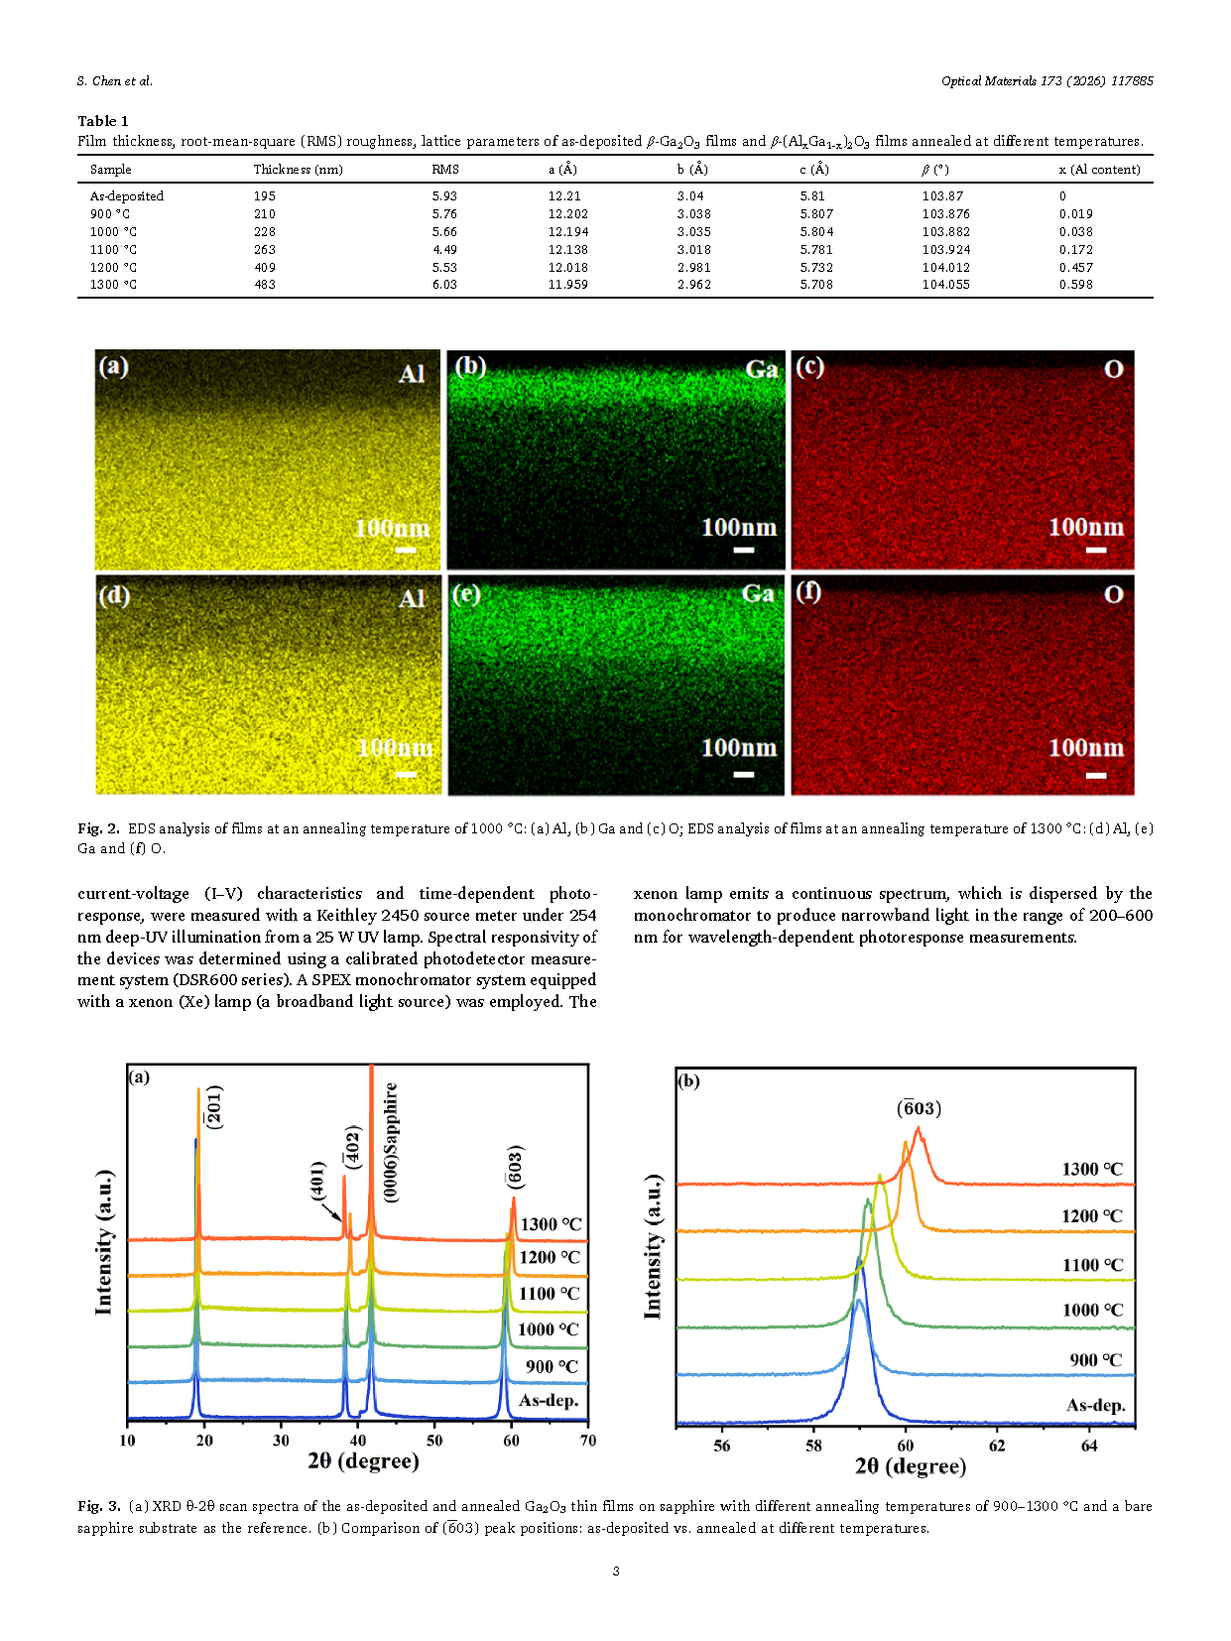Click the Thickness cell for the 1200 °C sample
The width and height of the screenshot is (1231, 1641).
265,267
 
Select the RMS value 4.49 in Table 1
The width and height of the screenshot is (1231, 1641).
444,250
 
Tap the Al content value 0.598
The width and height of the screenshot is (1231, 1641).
1075,285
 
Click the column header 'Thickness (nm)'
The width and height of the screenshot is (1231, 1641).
298,170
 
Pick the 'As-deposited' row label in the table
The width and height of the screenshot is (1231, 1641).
127,196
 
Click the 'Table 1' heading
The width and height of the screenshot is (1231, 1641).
103,121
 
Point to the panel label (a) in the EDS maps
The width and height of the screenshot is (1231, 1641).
114,366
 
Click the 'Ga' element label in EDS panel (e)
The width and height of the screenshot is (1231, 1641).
758,594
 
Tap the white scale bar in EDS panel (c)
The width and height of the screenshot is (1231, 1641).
1096,549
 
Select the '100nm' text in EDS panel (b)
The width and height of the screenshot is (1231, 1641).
739,528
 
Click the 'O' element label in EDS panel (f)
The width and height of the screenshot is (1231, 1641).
1114,594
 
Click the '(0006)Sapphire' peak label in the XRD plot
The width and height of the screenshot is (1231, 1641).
392,1142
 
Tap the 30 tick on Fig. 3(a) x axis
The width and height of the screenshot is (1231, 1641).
282,1441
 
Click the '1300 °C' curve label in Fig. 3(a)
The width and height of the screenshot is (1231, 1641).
551,1224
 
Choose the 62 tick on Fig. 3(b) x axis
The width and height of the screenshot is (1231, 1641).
997,1447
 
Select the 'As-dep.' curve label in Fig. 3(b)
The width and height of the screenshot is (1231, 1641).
1095,1405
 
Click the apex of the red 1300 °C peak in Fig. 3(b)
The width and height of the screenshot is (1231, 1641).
919,1127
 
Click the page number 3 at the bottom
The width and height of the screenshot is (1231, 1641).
616,1571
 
